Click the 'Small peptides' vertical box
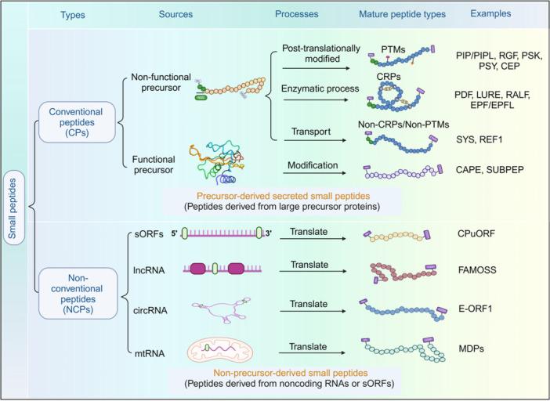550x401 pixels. tap(13, 208)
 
